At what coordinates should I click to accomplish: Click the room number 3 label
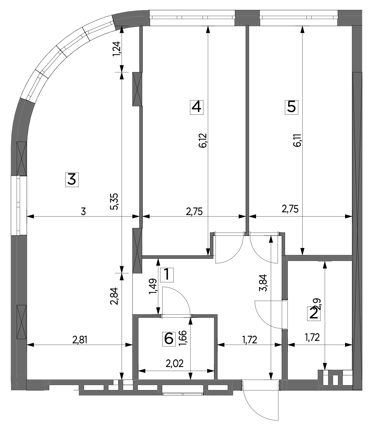[x=72, y=180]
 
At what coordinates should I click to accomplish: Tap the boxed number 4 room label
[x=197, y=107]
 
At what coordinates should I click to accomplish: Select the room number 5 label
[x=292, y=107]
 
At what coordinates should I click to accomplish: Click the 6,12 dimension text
[x=203, y=141]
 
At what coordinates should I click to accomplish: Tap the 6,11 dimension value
[x=298, y=141]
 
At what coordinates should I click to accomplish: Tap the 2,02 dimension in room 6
[x=175, y=364]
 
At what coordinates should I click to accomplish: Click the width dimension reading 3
[x=83, y=212]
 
